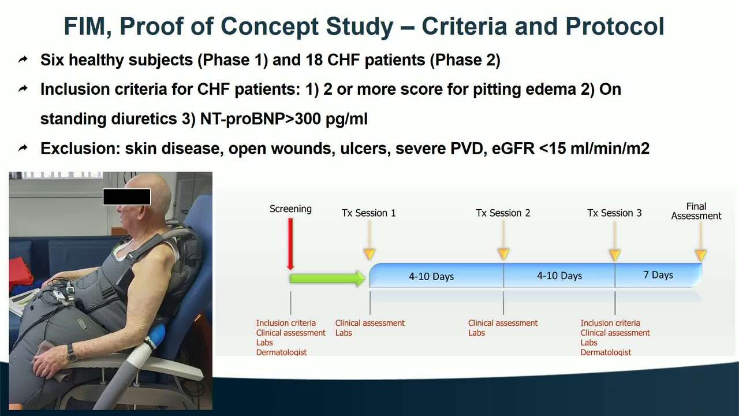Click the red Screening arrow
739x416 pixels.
click(x=290, y=244)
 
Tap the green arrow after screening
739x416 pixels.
click(x=327, y=278)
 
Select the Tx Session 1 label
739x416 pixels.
click(x=368, y=213)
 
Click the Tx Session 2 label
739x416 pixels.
click(x=503, y=213)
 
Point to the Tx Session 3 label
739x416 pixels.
click(x=614, y=213)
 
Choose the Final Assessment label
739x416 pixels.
click(x=696, y=211)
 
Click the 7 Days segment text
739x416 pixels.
click(x=658, y=274)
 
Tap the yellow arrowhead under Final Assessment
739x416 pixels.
click(x=701, y=255)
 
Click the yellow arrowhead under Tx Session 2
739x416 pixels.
click(x=503, y=254)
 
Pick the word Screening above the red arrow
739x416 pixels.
click(x=290, y=209)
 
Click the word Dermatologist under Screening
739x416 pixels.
click(x=281, y=352)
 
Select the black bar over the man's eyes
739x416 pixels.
click(x=126, y=197)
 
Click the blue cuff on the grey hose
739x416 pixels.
click(x=156, y=336)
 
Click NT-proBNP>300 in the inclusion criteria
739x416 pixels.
click(x=260, y=119)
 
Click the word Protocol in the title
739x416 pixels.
click(x=615, y=26)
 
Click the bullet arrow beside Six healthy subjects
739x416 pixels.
click(x=23, y=60)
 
